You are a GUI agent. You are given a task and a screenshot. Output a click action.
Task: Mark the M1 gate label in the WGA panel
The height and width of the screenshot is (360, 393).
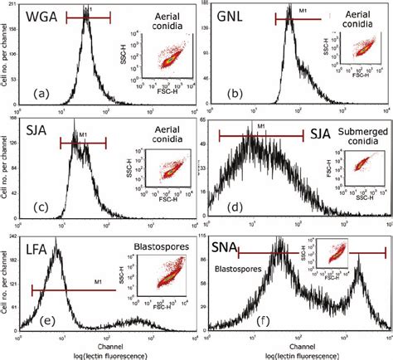click(90, 9)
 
